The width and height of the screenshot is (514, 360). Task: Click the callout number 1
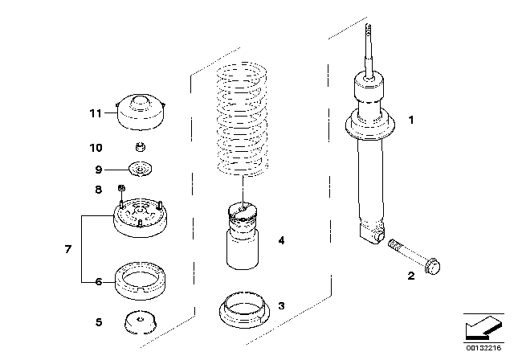coord(410,121)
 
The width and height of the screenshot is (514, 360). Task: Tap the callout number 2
coord(410,276)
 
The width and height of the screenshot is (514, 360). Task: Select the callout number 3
coord(280,306)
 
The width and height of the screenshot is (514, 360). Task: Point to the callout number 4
coord(280,239)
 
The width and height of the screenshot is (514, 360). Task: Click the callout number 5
coord(98,323)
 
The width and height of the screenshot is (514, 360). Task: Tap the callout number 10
coord(96,147)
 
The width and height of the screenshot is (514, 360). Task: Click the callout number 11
coord(96,113)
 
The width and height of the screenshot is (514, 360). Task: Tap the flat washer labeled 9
coord(142,170)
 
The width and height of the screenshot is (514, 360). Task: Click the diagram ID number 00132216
coord(485,350)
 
